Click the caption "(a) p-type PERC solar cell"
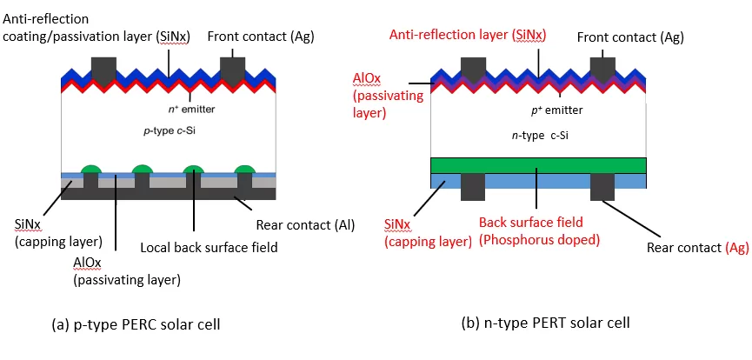coord(136,324)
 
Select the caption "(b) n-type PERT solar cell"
coord(545,323)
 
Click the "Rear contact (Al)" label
coord(305,225)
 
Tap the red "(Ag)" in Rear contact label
coord(736,248)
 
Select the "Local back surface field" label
coord(210,248)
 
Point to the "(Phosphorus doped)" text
coord(540,239)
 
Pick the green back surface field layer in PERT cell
coord(539,165)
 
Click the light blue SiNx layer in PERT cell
coord(539,181)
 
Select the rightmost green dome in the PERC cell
coord(244,169)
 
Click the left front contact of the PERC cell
coord(103,70)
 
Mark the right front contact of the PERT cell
coord(602,70)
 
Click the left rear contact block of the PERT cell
coord(473,187)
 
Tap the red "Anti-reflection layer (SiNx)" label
coord(468,35)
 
